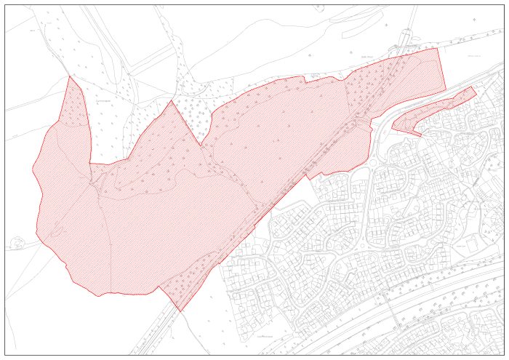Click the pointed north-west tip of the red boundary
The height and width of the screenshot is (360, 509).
click(x=69, y=76)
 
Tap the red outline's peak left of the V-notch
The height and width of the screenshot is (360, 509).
click(x=171, y=101)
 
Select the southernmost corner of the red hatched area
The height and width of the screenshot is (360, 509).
click(x=180, y=311)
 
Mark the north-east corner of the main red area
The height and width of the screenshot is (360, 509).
click(x=438, y=49)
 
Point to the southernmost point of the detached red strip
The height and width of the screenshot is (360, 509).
click(x=420, y=136)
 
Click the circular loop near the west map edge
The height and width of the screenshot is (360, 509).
click(x=17, y=242)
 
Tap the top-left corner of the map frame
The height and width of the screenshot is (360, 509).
click(x=5, y=5)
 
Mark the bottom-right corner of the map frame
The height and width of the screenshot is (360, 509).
click(x=504, y=355)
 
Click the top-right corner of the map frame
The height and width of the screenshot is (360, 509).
click(x=504, y=5)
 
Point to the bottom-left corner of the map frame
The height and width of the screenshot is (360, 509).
click(x=5, y=355)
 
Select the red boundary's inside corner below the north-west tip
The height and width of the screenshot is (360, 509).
click(x=90, y=164)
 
